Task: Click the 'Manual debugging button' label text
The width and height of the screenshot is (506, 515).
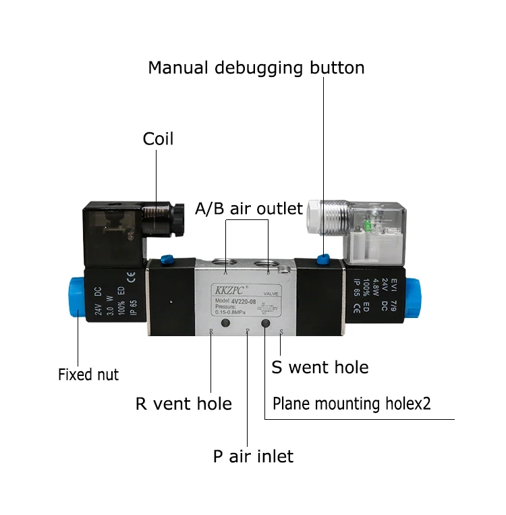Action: tap(256, 68)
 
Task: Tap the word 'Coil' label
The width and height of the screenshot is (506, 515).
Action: tap(158, 139)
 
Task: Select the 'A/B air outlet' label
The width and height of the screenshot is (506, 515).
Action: tap(249, 209)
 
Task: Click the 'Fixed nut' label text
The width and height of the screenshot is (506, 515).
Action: tap(88, 374)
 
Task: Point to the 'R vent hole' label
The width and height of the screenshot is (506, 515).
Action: tap(184, 404)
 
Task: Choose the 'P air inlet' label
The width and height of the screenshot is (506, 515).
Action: tap(253, 456)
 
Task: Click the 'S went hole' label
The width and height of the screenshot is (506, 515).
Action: tap(320, 367)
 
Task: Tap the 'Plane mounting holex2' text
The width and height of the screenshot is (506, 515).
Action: tap(352, 404)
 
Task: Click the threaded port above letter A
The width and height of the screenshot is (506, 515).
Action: tap(224, 263)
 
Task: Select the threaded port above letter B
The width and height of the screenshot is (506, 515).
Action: tap(269, 262)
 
